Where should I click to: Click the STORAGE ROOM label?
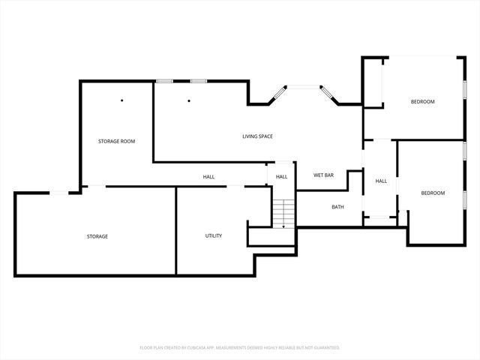coord(116,141)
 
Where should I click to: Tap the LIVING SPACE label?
coord(257,136)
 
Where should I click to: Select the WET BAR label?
coord(323,175)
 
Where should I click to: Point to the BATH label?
coord(338,207)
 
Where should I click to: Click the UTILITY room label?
coord(214,236)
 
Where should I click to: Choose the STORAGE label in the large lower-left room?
coord(97,237)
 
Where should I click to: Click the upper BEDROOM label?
coord(422,102)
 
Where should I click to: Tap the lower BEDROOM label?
coord(433,193)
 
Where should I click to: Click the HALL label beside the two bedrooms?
coord(381,181)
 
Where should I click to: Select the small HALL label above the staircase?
coord(281,177)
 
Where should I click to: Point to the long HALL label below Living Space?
coord(208,177)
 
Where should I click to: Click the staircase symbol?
coord(280,214)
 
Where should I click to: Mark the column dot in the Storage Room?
coord(122,100)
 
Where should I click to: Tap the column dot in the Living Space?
coord(189,100)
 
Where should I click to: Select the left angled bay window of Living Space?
coord(280,93)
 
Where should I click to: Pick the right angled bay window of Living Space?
coord(328,93)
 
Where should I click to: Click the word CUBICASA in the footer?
coord(196,348)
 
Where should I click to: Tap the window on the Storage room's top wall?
coord(59,193)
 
